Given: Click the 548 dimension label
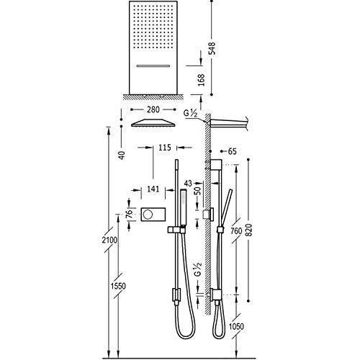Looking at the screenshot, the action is (212, 48).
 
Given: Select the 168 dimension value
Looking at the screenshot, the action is (201, 80).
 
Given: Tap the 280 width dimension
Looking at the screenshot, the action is (153, 109).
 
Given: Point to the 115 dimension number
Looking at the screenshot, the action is (165, 148).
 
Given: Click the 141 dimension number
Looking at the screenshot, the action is (153, 189).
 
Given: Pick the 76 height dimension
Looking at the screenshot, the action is (130, 214).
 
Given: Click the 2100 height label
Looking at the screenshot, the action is (109, 240).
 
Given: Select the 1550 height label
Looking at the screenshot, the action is (118, 286).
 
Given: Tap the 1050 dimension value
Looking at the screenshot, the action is (236, 326).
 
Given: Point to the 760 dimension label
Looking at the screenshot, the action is (236, 231).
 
